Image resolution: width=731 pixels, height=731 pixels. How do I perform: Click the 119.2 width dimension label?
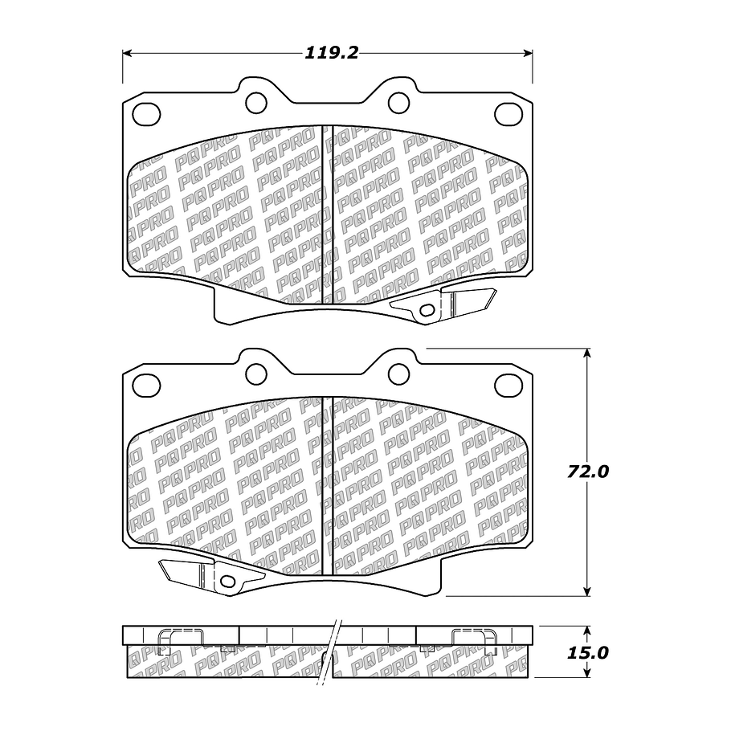pyautogui.click(x=330, y=53)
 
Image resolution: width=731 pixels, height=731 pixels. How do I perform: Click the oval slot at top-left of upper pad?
pyautogui.click(x=146, y=114)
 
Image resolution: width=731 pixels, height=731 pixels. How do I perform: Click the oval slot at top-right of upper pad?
pyautogui.click(x=508, y=114)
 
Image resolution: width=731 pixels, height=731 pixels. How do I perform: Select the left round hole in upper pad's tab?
pyautogui.click(x=255, y=102)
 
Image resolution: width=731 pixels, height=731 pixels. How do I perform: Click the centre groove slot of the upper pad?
pyautogui.click(x=327, y=214)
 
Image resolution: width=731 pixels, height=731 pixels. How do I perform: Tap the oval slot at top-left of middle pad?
pyautogui.click(x=146, y=385)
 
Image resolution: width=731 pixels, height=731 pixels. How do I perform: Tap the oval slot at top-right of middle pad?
pyautogui.click(x=508, y=385)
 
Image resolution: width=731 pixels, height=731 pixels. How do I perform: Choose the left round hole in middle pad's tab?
pyautogui.click(x=255, y=373)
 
